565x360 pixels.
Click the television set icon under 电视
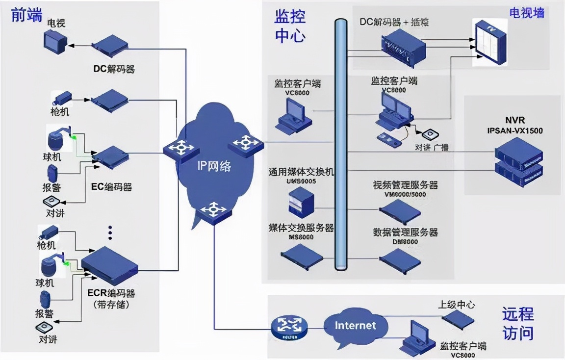point(53,42)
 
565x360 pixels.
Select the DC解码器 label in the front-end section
point(114,69)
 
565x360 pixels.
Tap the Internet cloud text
point(355,325)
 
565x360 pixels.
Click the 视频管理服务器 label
point(405,185)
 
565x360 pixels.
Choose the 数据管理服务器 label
point(405,232)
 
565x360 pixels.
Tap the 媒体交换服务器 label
point(301,228)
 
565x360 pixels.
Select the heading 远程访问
point(517,324)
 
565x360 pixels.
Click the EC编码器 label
point(112,187)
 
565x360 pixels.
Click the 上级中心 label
point(456,305)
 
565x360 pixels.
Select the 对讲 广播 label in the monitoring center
point(425,147)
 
